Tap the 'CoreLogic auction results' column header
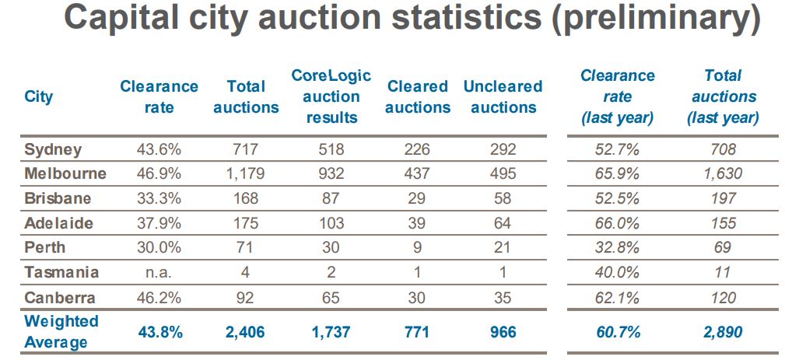click(331, 96)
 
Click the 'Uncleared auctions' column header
click(503, 96)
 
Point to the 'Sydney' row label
click(53, 149)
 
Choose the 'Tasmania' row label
click(61, 272)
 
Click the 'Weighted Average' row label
click(61, 331)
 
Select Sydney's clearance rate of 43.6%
click(159, 149)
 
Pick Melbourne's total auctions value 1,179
click(246, 173)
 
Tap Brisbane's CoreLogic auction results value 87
click(331, 198)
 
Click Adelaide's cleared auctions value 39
click(418, 223)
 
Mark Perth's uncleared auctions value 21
click(503, 247)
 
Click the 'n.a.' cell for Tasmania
click(159, 272)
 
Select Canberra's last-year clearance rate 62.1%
click(618, 297)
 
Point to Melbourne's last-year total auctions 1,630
click(723, 173)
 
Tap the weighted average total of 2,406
click(246, 332)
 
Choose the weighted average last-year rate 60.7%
click(618, 332)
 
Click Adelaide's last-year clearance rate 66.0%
click(618, 223)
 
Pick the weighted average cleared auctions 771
click(418, 332)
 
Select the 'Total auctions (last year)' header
click(723, 96)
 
